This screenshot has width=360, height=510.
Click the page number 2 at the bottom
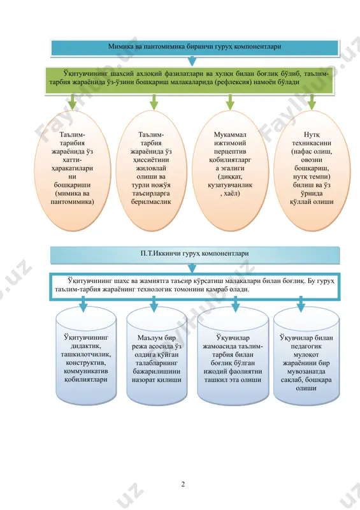point(183,484)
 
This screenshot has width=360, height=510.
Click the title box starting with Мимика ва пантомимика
point(195,47)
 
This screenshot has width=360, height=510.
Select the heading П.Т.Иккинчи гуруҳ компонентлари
point(195,253)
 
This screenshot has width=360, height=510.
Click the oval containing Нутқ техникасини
point(312,170)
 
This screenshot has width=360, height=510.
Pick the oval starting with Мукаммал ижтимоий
point(230,170)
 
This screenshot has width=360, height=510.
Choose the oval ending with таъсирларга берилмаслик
point(151,170)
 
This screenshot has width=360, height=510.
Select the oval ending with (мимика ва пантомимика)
point(72,170)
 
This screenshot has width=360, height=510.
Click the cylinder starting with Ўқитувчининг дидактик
point(86,356)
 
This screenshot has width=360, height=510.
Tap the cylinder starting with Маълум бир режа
point(157,356)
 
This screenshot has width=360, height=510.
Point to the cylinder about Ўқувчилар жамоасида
point(233,356)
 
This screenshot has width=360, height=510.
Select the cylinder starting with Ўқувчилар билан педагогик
point(306,356)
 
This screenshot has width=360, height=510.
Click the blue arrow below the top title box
point(192,61)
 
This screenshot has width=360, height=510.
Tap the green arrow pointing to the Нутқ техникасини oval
point(312,102)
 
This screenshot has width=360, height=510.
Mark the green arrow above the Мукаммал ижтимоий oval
point(230,102)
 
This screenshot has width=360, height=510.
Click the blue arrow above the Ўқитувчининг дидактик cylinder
point(83,305)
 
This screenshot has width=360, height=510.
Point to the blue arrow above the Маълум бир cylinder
point(154,305)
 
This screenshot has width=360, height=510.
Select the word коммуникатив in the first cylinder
point(86,371)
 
